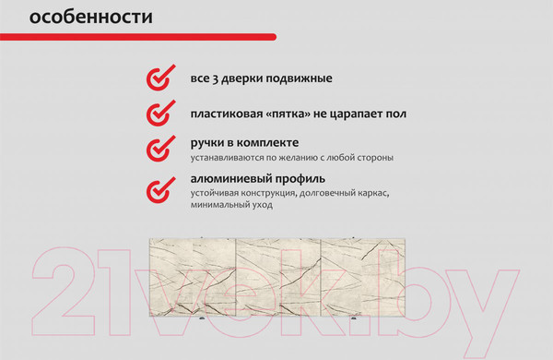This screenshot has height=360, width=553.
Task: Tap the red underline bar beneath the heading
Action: pyautogui.click(x=138, y=37)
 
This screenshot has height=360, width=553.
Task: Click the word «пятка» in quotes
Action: pyautogui.click(x=294, y=114)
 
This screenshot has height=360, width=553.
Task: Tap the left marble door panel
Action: pyautogui.click(x=193, y=275)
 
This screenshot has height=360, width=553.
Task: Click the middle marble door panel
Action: pyautogui.click(x=277, y=275)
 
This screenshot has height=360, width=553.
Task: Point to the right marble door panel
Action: pyautogui.click(x=361, y=275)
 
